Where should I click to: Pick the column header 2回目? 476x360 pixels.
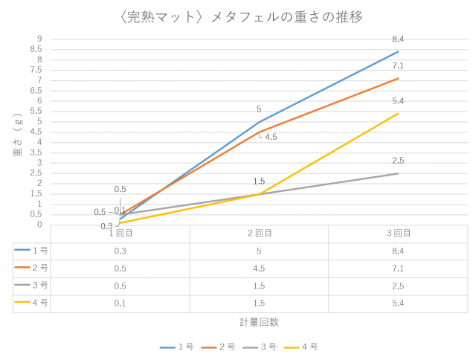point(259,234)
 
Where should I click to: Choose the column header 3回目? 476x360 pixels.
point(398,234)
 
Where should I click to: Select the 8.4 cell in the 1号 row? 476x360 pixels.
point(398,251)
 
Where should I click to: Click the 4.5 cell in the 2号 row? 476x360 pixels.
point(259,268)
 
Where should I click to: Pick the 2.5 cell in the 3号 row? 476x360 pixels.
point(398,285)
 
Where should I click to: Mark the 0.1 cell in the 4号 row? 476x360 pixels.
point(119,303)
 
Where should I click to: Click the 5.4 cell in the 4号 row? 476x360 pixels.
point(398,303)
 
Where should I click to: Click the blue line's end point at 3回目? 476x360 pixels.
point(399,51)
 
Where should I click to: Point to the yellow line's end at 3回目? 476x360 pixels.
point(399,113)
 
